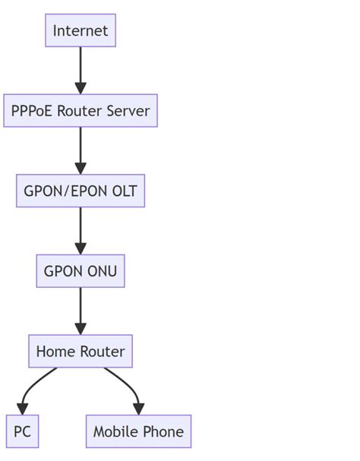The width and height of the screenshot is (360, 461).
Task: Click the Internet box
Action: (81, 31)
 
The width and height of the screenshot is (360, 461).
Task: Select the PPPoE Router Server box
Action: (81, 111)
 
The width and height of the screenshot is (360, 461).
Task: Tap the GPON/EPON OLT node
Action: (81, 191)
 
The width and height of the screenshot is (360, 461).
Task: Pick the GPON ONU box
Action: (81, 271)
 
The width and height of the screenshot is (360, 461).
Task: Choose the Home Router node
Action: (81, 351)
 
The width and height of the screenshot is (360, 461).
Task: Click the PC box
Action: (22, 431)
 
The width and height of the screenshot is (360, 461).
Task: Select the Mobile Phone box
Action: (138, 431)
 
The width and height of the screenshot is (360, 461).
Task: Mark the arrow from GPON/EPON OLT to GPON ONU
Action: (81, 231)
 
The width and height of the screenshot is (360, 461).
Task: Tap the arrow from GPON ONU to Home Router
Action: (81, 311)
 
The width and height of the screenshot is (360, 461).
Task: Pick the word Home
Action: (55, 351)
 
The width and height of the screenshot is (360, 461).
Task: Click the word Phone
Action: (163, 431)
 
